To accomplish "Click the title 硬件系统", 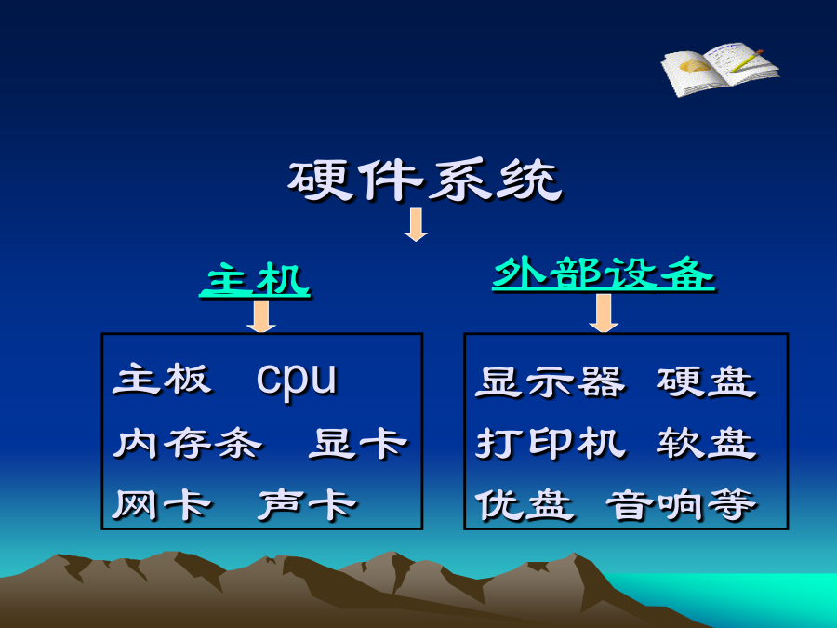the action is click(x=425, y=180).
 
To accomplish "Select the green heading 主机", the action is click(x=255, y=279).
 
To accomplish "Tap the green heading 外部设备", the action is click(x=604, y=274).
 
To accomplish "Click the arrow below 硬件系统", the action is click(x=416, y=225).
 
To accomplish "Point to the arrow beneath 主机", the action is click(x=261, y=316).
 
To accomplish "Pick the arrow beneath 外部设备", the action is click(x=604, y=313).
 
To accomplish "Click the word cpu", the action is click(x=297, y=380).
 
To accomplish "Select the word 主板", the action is click(x=162, y=380).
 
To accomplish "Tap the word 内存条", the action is click(x=187, y=443).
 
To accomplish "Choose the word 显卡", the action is click(x=358, y=443).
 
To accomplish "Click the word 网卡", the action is click(x=162, y=504).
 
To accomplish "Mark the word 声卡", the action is click(x=307, y=504).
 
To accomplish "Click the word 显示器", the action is click(x=550, y=382).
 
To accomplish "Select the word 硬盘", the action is click(x=706, y=382).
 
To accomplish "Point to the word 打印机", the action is click(x=550, y=443).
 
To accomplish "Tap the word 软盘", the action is click(x=706, y=443).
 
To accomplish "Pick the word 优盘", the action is click(x=525, y=504).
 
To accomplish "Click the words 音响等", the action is click(x=681, y=504).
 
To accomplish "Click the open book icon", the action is click(x=720, y=70).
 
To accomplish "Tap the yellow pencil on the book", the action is click(x=746, y=60).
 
